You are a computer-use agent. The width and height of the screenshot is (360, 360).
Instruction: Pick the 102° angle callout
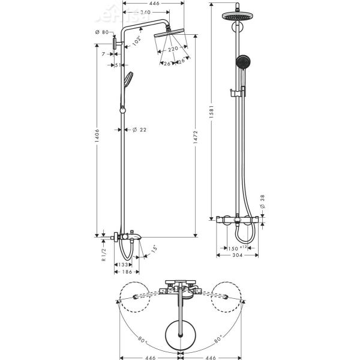tap(137, 40)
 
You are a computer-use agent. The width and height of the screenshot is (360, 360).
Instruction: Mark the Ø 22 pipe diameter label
tap(139, 130)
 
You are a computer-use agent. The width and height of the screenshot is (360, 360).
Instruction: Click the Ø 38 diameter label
tap(262, 202)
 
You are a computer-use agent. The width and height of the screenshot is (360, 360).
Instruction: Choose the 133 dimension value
tap(122, 264)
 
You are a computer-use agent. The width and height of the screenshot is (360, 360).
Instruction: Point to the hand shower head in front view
tap(242, 63)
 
